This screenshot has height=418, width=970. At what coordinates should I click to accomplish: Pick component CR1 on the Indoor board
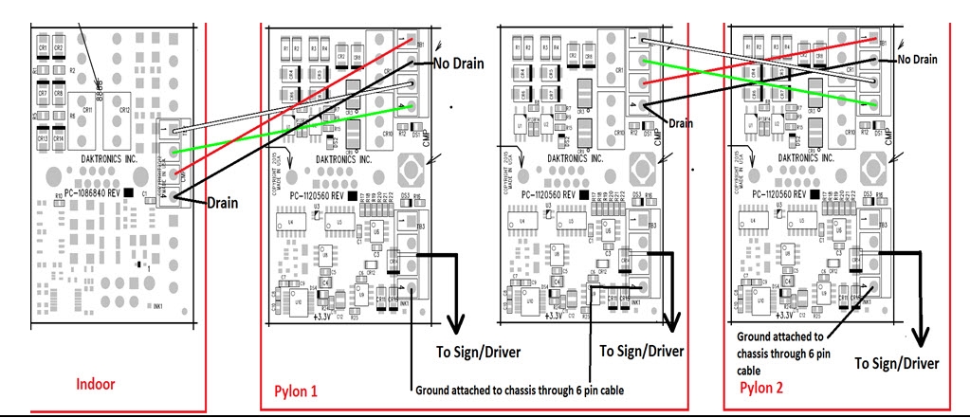[43, 47]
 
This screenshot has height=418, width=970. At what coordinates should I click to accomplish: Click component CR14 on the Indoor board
[59, 139]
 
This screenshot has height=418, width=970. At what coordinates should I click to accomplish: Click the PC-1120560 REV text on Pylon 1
[317, 194]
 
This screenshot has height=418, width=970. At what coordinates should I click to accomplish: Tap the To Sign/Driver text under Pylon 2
[897, 363]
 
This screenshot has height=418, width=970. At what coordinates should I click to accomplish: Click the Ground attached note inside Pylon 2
[780, 353]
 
